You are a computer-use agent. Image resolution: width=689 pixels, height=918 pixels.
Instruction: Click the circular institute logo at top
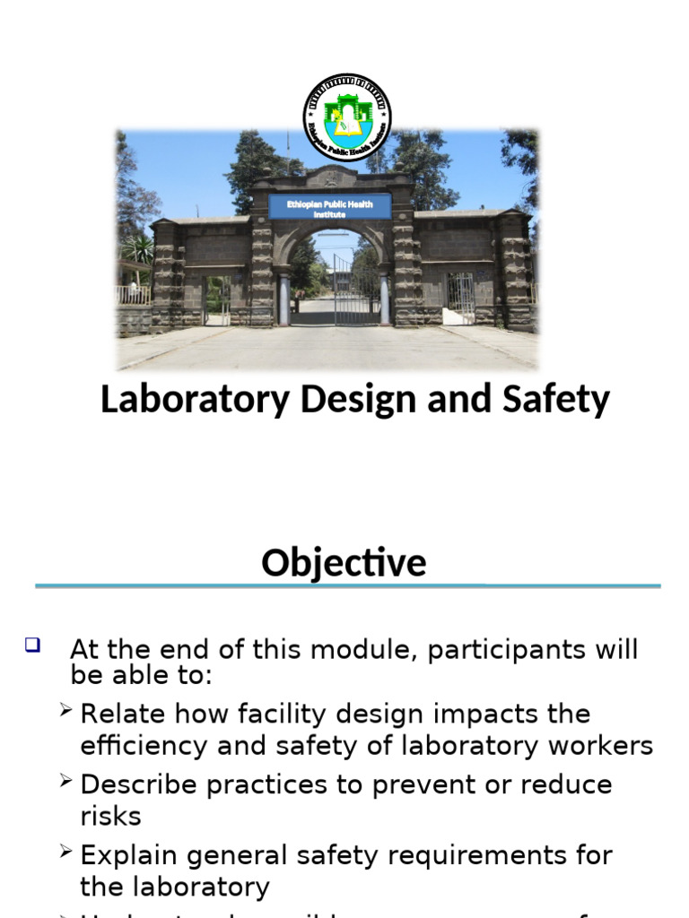click(x=346, y=117)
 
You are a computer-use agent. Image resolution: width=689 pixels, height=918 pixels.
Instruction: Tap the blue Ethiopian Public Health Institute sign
click(x=329, y=207)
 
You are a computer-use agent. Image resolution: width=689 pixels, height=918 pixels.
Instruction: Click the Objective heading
click(x=344, y=563)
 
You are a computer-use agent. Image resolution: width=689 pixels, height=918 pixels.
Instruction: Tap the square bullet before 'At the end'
click(x=33, y=644)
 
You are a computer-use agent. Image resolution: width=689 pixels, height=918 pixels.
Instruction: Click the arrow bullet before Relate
click(x=65, y=711)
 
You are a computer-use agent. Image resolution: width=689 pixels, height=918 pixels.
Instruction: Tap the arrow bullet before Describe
click(x=65, y=782)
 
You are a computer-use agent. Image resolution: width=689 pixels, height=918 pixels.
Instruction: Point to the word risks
click(x=110, y=817)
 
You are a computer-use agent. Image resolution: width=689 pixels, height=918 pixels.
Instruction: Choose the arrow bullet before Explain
click(x=65, y=853)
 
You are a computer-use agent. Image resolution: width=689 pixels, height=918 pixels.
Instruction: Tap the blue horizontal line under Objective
click(x=347, y=586)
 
